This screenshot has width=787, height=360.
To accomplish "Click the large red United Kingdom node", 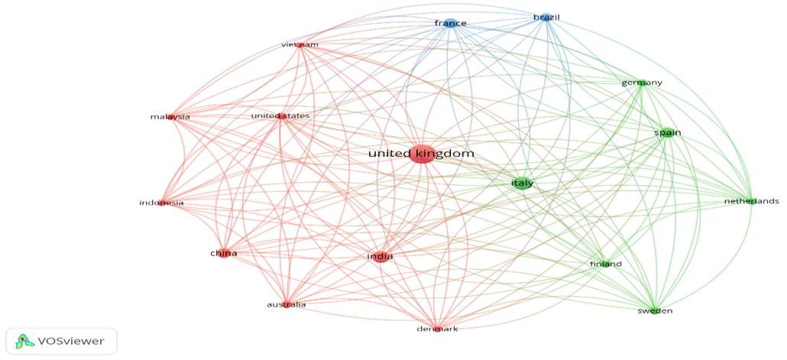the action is (x=422, y=154).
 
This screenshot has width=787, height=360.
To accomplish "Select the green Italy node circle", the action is (x=523, y=183).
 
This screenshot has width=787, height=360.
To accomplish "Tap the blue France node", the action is (x=450, y=23).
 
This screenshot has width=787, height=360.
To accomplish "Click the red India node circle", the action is (x=380, y=257).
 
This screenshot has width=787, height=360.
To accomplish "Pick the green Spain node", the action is (x=668, y=133).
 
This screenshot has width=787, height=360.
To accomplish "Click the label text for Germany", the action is (x=642, y=83).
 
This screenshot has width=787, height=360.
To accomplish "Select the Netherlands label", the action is (x=751, y=201).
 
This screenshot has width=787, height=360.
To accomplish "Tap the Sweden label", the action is (x=655, y=311).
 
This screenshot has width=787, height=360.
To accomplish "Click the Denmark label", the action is (x=437, y=329).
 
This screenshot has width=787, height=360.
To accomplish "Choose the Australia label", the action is (x=286, y=305).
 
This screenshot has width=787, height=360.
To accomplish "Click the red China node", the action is (x=223, y=254).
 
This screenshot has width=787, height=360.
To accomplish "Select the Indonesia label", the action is (x=161, y=203).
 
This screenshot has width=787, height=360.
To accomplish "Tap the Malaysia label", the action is (x=170, y=117).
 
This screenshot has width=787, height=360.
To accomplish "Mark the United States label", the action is (x=280, y=116).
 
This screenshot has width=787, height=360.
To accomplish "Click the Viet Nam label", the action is (x=300, y=45).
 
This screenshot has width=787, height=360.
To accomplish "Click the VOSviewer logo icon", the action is (x=21, y=342).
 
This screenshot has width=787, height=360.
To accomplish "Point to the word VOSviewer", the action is (x=67, y=342).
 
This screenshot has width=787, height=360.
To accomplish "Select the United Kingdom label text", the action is (x=422, y=154).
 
